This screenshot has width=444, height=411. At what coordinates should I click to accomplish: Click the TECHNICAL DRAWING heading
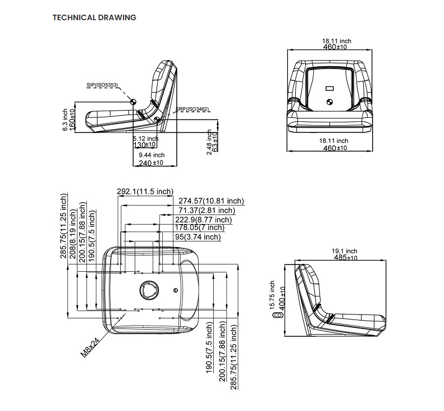coord(94,17)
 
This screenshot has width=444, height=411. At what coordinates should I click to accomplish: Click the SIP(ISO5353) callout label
coord(102,85)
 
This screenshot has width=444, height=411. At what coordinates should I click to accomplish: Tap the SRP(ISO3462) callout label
coord(193,108)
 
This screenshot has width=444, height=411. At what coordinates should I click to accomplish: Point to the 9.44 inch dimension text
coord(152,155)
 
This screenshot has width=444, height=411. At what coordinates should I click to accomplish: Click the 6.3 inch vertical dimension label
coord(65,120)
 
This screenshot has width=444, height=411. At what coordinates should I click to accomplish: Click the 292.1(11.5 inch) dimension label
coord(145,192)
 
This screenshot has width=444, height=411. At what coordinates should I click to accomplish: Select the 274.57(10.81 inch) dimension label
coord(211,201)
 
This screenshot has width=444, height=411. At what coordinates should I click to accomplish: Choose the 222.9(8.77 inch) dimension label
coord(203,220)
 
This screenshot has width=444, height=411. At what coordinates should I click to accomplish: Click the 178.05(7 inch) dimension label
coord(199,227)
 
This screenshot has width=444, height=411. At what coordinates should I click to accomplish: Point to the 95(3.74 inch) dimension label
coord(198,237)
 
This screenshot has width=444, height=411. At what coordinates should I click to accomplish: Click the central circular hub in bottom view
coord(149,290)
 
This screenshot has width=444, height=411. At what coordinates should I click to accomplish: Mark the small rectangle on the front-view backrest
coord(329,88)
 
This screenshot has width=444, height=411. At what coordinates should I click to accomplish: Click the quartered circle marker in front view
coord(329,102)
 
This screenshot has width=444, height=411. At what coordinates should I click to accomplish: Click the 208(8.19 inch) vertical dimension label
coord(75,232)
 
